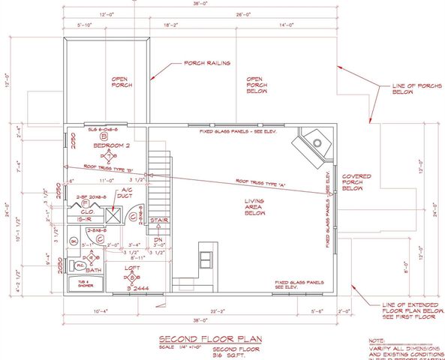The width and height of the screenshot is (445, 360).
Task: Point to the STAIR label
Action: click(158, 220)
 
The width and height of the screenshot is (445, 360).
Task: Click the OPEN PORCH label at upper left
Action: click(122, 82)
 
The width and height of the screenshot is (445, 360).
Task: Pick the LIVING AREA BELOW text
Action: click(257, 207)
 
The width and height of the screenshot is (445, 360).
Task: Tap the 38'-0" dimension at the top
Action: click(200, 4)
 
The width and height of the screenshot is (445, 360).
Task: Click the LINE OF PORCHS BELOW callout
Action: click(413, 91)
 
